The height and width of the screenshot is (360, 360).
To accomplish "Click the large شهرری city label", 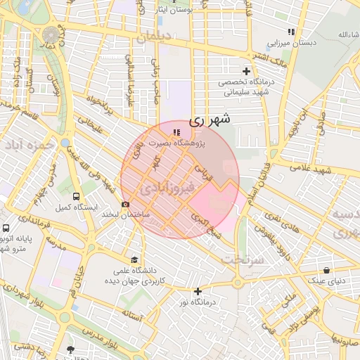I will coord(210,120).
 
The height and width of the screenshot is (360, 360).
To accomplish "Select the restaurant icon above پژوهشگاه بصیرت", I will coord(176,131).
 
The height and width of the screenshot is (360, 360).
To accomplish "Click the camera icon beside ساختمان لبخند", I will coord(126,205).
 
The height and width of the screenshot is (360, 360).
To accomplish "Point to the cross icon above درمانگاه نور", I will coord(198,291).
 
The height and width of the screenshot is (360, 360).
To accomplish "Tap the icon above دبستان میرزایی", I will coord(291,32).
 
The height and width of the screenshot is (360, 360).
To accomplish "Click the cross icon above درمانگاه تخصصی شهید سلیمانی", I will coord(246,71).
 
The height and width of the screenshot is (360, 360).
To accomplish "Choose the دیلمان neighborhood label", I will coord(154,39).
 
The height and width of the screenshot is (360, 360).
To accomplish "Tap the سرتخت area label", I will coord(244,259).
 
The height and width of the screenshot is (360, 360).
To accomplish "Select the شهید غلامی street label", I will coord(314,171).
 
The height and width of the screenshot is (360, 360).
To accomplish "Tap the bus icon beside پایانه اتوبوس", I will coord(6,229).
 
